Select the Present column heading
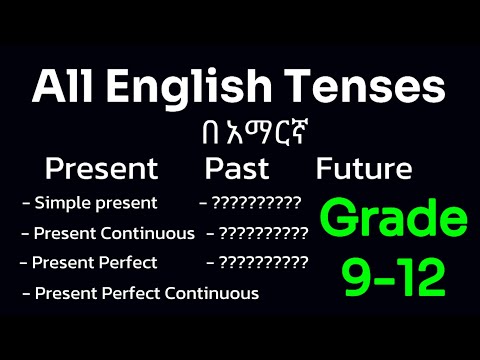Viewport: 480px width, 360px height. click(x=101, y=168)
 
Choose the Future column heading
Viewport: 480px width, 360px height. click(x=364, y=168)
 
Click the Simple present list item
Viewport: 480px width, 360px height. click(x=95, y=203)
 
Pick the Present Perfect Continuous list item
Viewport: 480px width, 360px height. click(x=145, y=294)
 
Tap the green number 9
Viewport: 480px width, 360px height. click(x=356, y=279)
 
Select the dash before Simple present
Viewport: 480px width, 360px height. click(x=25, y=203)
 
